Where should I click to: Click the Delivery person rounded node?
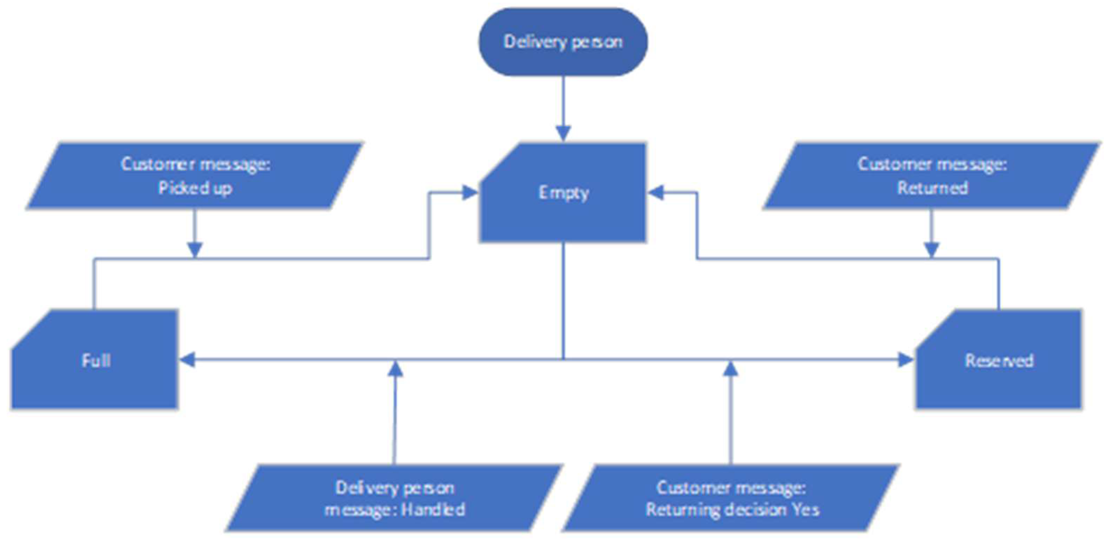pyautogui.click(x=563, y=42)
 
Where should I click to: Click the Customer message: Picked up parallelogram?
pyautogui.click(x=195, y=176)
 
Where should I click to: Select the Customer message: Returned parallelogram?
pyautogui.click(x=932, y=176)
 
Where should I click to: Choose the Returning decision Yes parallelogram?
pyautogui.click(x=731, y=498)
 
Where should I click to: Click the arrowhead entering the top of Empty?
pyautogui.click(x=563, y=133)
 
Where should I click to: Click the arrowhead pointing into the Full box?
pyautogui.click(x=187, y=360)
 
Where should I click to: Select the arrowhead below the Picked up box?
pyautogui.click(x=195, y=250)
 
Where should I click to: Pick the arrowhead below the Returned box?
pyautogui.click(x=932, y=250)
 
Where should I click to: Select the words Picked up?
pyautogui.click(x=195, y=188)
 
